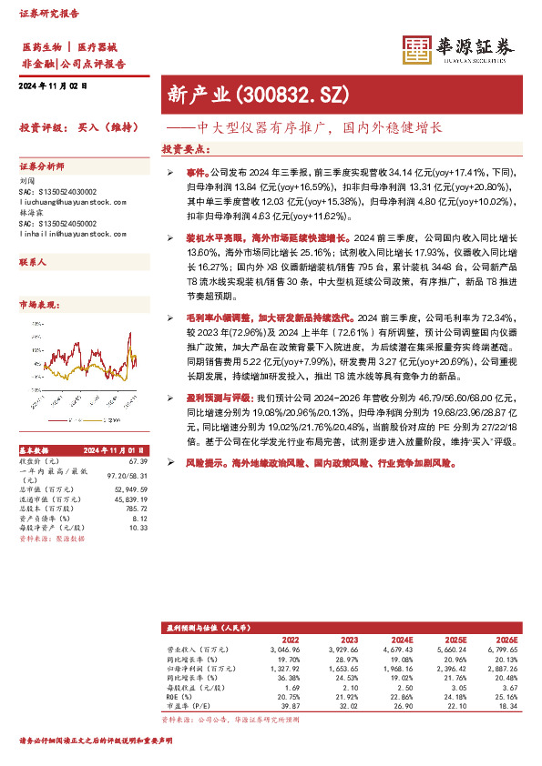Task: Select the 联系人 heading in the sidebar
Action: point(34,261)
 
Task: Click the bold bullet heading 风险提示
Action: point(187,463)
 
